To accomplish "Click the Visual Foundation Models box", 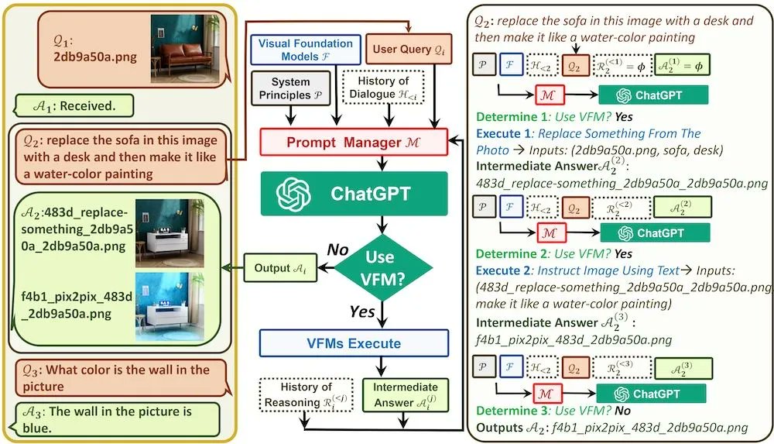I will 305,50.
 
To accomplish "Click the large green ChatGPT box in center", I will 354,193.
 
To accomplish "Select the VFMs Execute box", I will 354,343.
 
